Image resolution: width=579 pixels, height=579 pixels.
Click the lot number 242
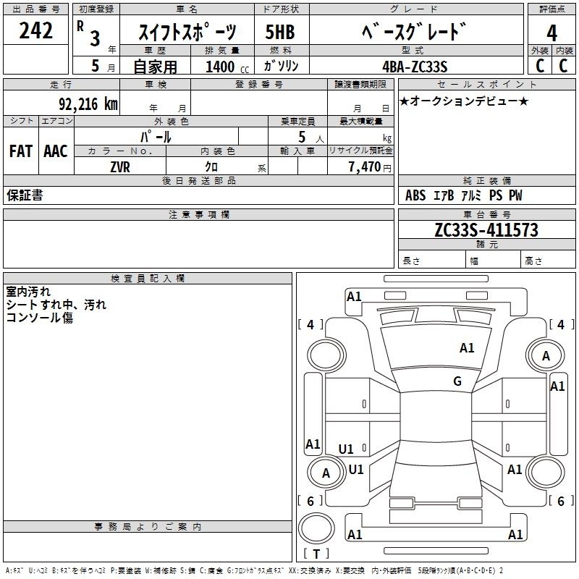(35, 30)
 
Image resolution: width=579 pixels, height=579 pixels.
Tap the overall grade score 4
(551, 33)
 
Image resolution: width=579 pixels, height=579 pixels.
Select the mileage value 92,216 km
(88, 103)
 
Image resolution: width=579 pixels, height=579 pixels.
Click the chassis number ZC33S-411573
(486, 230)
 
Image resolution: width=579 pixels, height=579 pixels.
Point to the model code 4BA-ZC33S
(415, 67)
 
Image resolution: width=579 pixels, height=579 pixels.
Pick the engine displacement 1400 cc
(227, 67)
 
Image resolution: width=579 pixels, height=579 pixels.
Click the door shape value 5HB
(280, 32)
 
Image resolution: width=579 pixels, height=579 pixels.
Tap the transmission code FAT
(21, 151)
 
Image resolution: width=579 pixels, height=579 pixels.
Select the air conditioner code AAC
(56, 151)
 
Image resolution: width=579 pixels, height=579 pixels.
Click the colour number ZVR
(120, 167)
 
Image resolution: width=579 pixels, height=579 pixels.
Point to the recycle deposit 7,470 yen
(370, 167)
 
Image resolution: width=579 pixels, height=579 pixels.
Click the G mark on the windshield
(457, 381)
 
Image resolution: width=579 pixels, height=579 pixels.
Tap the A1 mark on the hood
(467, 348)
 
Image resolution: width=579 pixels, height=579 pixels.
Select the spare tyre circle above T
(316, 528)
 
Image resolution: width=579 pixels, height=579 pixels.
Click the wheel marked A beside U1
(326, 473)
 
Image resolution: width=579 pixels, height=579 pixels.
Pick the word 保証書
(25, 195)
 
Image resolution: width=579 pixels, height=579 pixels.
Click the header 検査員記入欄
(148, 279)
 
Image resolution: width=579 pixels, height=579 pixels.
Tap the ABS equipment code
(415, 195)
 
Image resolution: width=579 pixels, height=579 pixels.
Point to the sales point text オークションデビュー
(464, 101)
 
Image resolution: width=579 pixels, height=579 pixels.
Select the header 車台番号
(487, 214)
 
